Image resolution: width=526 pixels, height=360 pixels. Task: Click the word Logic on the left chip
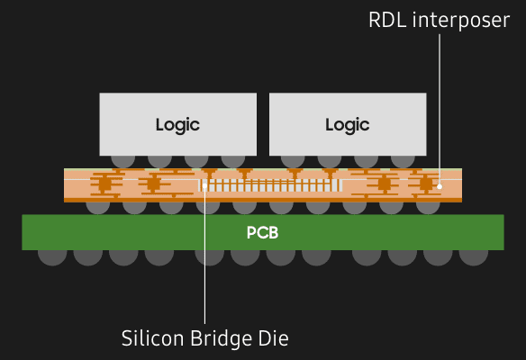(177, 124)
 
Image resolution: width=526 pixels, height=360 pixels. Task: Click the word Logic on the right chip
(348, 124)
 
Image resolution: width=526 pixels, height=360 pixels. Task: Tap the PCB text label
(263, 233)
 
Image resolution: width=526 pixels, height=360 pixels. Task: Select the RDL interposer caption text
(440, 20)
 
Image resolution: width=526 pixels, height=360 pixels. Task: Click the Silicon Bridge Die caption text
(204, 338)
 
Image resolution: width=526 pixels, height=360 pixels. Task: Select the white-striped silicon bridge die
(270, 185)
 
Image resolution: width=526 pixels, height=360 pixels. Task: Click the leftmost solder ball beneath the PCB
(52, 254)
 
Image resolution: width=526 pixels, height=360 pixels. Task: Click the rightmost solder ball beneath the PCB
(473, 254)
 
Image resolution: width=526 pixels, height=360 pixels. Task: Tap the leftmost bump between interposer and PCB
(97, 206)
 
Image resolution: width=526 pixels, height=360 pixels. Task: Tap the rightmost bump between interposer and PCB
(428, 206)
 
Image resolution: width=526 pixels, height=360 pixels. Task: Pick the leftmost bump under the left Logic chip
(122, 159)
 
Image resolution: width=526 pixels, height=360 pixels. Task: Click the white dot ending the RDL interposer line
(440, 186)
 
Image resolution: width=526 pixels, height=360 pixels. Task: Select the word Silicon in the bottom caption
(152, 338)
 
